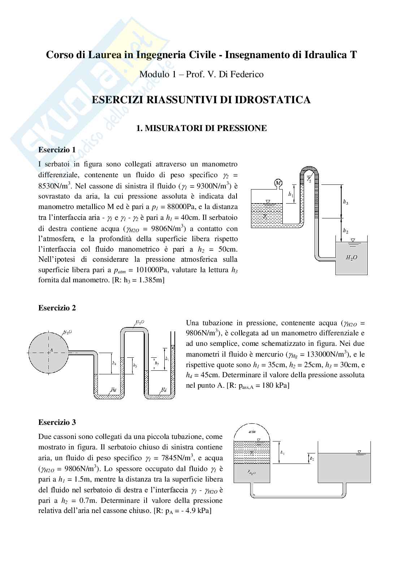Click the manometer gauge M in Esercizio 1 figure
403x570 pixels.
278,183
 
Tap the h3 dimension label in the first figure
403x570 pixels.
346,203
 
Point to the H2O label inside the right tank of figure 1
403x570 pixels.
351,258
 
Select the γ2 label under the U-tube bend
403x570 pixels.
309,179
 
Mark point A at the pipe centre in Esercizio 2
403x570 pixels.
47,350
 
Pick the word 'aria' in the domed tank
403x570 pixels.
252,431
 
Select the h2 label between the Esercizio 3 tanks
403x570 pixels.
312,458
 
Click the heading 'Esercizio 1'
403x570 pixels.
57,150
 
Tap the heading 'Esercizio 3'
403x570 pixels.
57,422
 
